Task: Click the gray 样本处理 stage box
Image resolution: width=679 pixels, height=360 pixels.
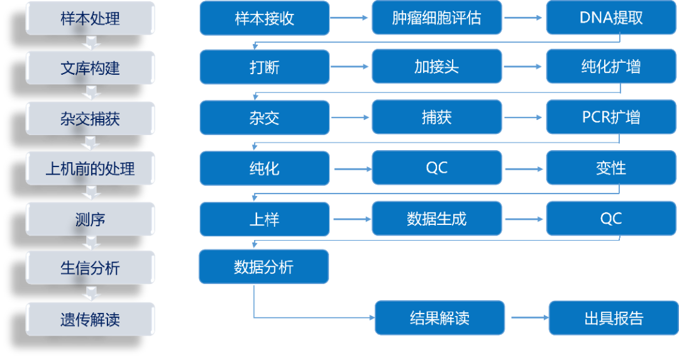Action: tap(90, 18)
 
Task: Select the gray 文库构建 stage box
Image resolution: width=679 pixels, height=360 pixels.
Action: tap(90, 67)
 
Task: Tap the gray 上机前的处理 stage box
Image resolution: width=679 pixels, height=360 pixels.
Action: tap(90, 168)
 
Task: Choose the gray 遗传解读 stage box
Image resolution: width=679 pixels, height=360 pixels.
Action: tap(90, 319)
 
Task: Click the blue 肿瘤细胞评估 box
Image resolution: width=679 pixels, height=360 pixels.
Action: tap(437, 18)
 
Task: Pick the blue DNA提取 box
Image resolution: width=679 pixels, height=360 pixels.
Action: tap(610, 18)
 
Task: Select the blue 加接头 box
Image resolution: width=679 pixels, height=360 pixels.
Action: tap(437, 67)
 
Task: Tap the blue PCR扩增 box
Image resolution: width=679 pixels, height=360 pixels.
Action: tap(610, 117)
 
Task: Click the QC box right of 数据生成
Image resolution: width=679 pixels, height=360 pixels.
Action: tap(610, 219)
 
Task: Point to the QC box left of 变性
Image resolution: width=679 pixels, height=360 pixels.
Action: tap(437, 168)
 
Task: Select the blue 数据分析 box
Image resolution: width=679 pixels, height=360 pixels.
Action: tap(263, 266)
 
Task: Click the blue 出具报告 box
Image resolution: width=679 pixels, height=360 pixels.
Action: tap(614, 318)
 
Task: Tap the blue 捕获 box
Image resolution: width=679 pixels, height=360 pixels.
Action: tap(437, 117)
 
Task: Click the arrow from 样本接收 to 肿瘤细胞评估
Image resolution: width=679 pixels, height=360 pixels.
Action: tap(351, 18)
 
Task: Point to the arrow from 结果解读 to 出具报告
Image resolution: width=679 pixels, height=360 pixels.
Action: tap(527, 318)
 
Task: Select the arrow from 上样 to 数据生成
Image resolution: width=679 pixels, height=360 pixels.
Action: tap(351, 219)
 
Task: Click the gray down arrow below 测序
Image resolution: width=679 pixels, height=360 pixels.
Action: tap(92, 243)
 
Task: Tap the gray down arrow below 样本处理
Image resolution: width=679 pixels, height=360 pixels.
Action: tap(92, 43)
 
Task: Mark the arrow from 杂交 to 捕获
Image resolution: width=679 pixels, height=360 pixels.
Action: tap(351, 117)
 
